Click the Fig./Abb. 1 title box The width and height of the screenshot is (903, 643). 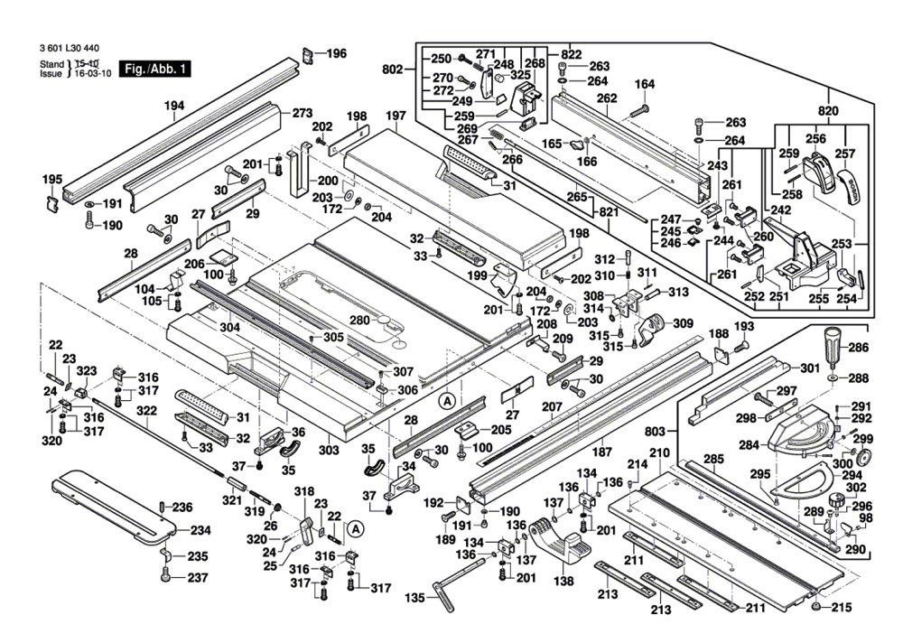[154, 70]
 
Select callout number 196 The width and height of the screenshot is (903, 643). [336, 53]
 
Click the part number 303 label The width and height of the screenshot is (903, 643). [329, 450]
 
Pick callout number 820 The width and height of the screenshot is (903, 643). [828, 110]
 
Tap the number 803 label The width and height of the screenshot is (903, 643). [655, 431]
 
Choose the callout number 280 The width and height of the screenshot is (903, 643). [360, 320]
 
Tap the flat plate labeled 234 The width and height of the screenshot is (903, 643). [113, 507]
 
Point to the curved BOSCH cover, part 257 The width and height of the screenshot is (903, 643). [848, 187]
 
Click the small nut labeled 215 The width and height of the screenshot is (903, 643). [815, 607]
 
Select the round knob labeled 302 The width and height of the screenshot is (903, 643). [837, 499]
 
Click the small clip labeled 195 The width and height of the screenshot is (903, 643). [52, 204]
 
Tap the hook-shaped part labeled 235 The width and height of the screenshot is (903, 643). [164, 554]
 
